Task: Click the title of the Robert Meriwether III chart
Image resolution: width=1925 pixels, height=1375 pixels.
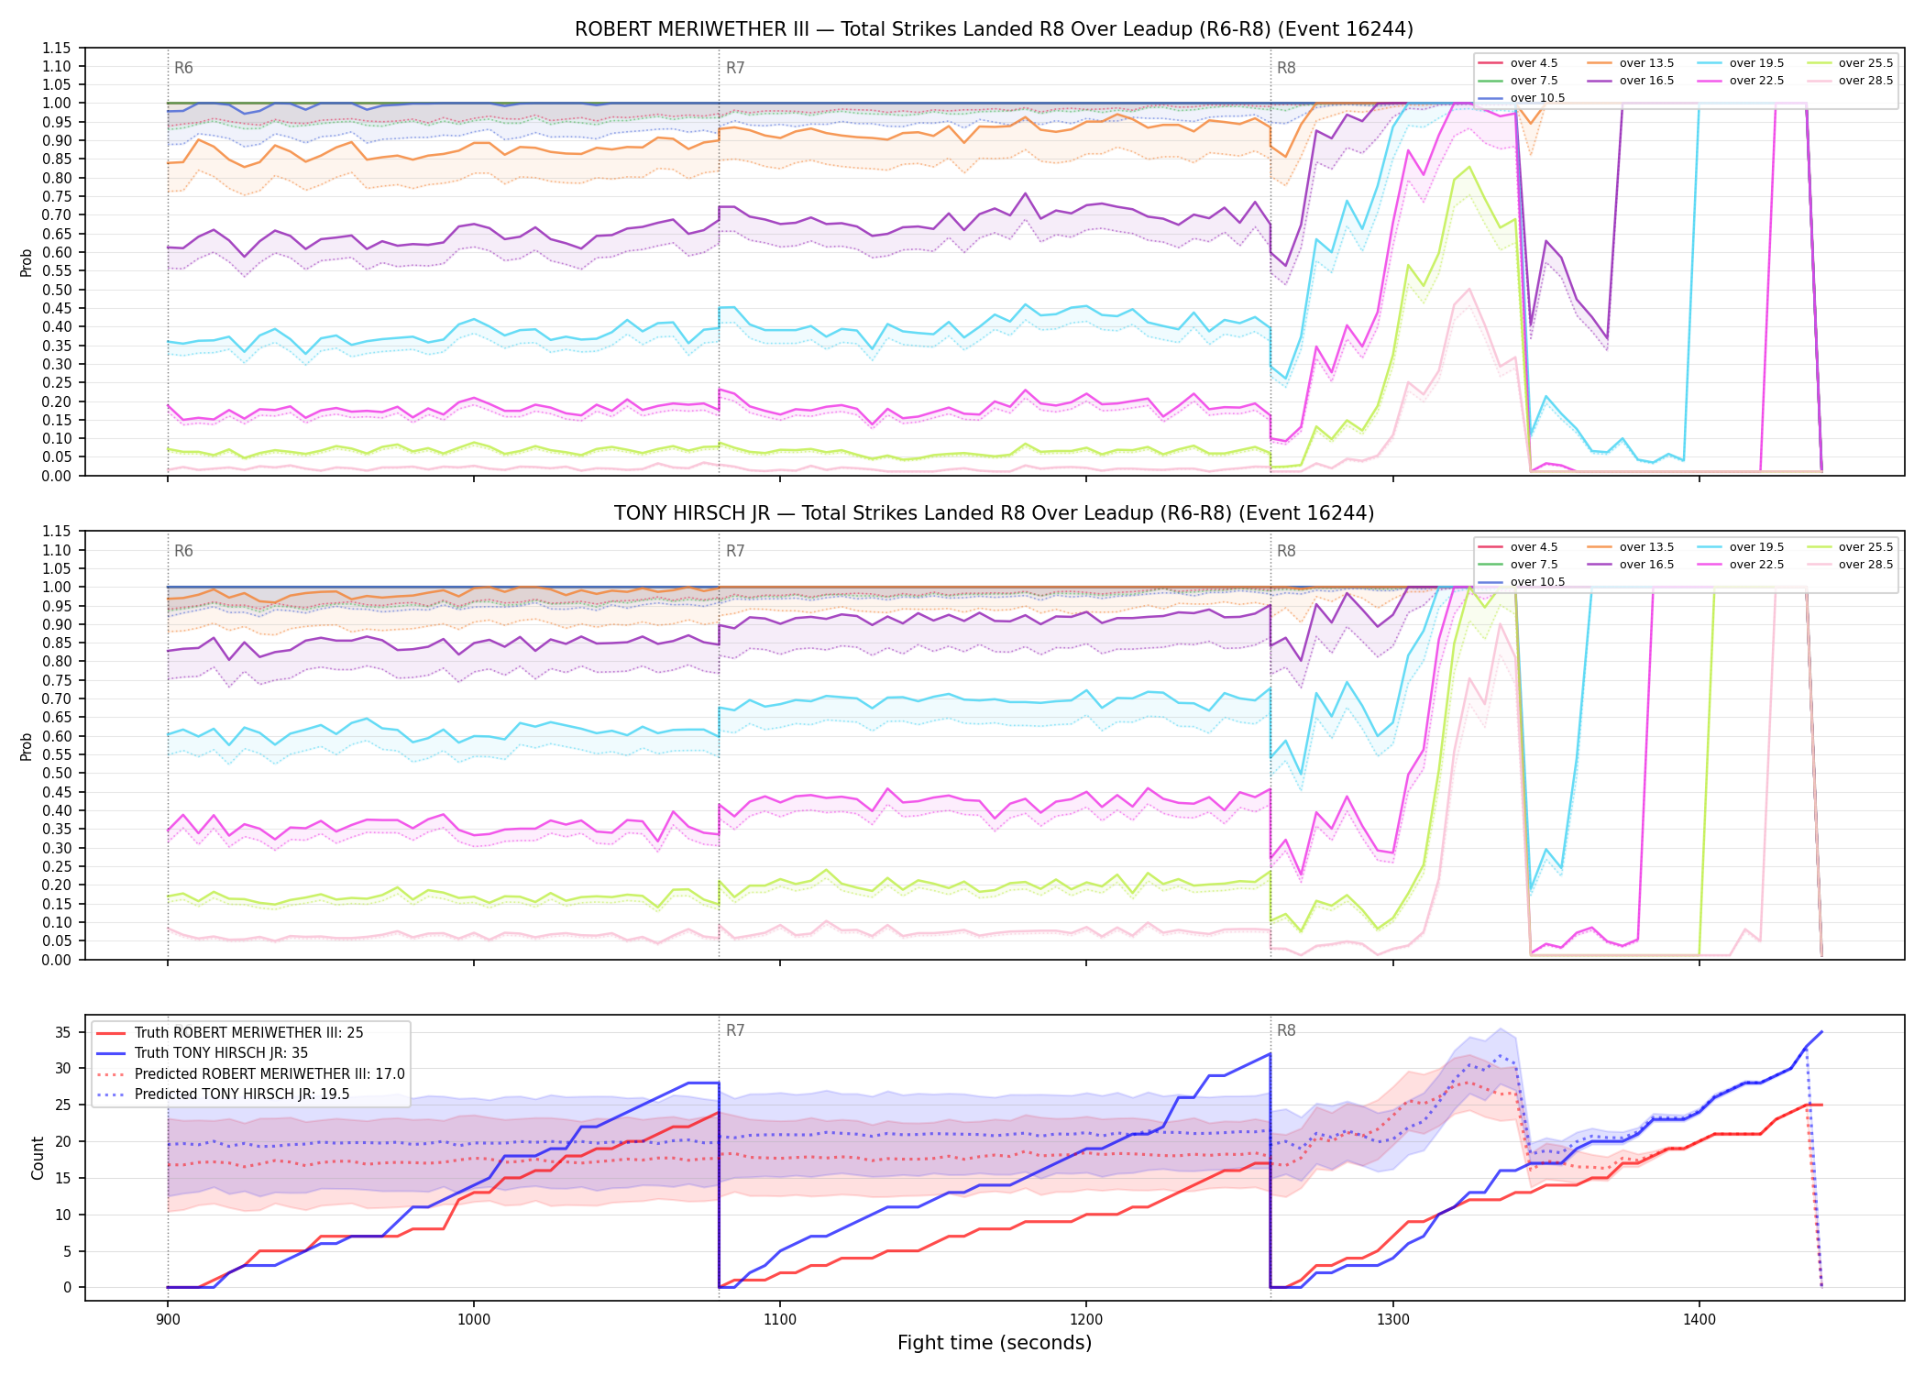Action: point(994,29)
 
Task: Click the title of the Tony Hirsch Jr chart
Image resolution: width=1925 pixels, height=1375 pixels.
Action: point(994,513)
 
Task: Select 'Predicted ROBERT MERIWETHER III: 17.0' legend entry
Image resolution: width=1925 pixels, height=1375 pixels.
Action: point(250,1073)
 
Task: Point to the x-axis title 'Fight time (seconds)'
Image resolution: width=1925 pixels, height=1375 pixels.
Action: point(995,1343)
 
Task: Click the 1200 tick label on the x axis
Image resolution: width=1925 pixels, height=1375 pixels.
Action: point(1086,1320)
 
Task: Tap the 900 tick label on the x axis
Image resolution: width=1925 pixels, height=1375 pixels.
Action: point(167,1320)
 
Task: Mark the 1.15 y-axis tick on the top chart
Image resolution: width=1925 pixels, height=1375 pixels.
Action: point(57,48)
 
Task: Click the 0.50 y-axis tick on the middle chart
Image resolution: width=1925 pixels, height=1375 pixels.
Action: point(57,773)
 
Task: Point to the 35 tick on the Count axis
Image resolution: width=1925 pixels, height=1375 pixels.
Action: point(63,1032)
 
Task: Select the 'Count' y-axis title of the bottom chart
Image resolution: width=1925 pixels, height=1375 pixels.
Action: point(38,1158)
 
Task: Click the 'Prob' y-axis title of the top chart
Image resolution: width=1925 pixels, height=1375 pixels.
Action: point(27,262)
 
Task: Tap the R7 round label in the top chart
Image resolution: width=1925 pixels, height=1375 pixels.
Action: point(735,68)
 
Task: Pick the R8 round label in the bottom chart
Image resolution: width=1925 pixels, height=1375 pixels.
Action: point(1286,1030)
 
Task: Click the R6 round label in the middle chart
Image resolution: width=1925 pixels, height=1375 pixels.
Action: point(183,551)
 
